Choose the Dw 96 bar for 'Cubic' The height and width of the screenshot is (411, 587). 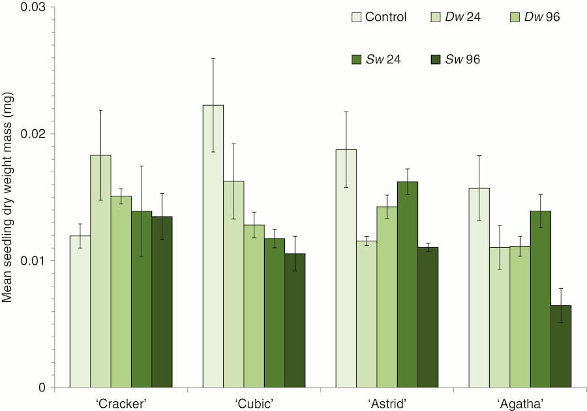(254, 306)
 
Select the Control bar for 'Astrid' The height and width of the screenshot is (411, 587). (346, 268)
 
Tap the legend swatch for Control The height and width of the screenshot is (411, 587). (355, 17)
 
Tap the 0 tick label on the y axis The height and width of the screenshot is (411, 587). (42, 388)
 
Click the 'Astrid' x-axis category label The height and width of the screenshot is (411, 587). (386, 403)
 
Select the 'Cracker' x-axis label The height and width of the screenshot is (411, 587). (121, 403)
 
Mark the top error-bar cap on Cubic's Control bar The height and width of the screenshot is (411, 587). (213, 58)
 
